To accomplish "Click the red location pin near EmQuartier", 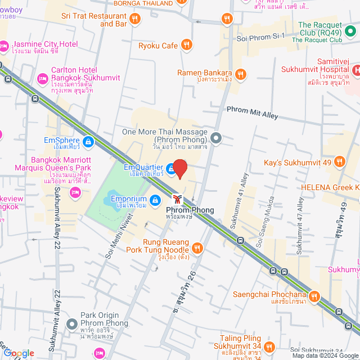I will coord(179,169).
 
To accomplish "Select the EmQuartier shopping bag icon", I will coord(171,168).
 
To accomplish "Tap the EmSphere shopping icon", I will coord(88,141).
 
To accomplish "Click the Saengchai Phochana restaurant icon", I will coord(314,295).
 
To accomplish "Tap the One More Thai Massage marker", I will coord(217,137).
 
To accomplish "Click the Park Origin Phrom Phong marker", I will coord(71,324).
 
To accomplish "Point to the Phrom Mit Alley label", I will coord(252,114).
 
